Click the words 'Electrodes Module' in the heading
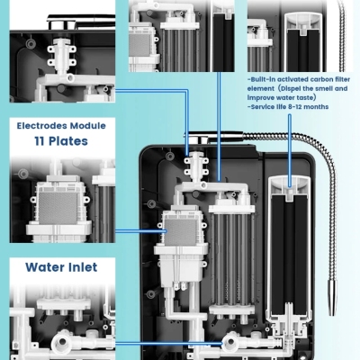(x=61, y=126)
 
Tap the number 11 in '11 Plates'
(x=40, y=141)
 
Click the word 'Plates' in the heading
(x=68, y=141)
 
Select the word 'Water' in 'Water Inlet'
(x=46, y=267)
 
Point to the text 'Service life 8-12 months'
(x=289, y=107)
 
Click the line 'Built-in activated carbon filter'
(x=300, y=79)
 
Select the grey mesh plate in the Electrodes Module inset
(x=58, y=208)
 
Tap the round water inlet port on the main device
(x=229, y=343)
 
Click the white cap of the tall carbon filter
(x=289, y=186)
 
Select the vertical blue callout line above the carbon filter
(x=290, y=151)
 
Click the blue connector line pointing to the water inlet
(x=169, y=344)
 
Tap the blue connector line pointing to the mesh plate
(x=141, y=231)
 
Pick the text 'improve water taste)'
(x=282, y=98)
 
